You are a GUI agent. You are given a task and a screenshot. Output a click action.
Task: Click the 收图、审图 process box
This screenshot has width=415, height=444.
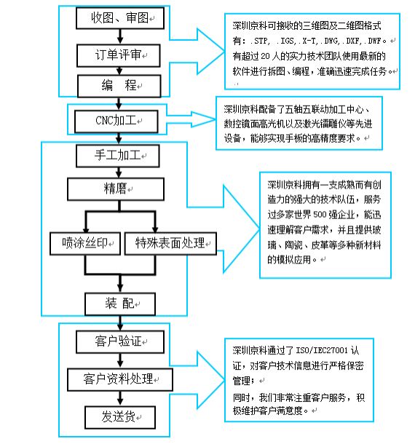120,17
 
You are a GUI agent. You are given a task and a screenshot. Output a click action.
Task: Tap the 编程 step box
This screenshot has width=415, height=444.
120,87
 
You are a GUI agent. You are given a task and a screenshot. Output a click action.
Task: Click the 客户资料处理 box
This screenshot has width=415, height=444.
119,378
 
